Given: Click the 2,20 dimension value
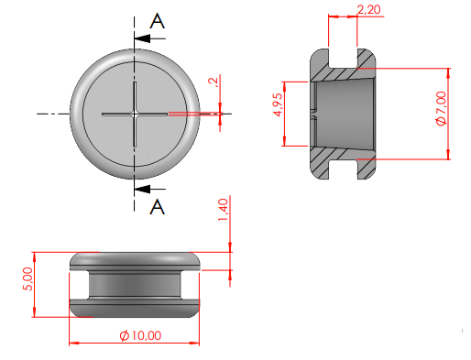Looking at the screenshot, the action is [368, 9].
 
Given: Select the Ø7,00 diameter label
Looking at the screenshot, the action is [442, 108].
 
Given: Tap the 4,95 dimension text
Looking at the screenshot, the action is [278, 104].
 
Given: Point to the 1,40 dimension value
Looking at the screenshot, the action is [223, 210].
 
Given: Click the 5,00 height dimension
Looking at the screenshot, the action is [27, 278].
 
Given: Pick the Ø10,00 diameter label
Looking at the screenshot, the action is [140, 335].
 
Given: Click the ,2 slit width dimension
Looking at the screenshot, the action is [214, 82].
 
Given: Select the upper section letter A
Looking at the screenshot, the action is [158, 21].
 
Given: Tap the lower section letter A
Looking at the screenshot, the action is [158, 207].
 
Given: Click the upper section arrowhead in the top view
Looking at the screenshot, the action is [142, 38].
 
